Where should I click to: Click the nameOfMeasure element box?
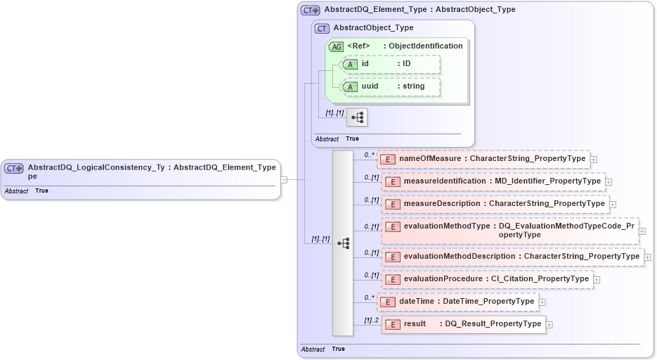click(x=483, y=159)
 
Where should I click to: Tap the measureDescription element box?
click(x=496, y=204)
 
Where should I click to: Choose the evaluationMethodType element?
click(x=510, y=231)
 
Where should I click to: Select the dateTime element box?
click(x=458, y=302)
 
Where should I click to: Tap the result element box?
click(x=464, y=324)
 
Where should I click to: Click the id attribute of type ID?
click(x=391, y=64)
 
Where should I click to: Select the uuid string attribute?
click(x=391, y=86)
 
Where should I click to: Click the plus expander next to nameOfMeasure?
click(x=594, y=160)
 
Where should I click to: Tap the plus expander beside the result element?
click(x=549, y=325)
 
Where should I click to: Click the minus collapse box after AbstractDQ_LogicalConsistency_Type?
click(x=283, y=179)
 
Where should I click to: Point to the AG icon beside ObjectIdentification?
click(x=337, y=46)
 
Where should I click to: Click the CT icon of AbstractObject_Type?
click(x=323, y=28)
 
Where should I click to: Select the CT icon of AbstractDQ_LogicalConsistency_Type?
click(x=14, y=168)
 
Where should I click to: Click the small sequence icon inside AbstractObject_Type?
click(x=357, y=117)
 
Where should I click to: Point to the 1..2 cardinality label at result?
click(x=371, y=321)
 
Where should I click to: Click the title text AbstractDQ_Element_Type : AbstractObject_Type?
click(x=419, y=10)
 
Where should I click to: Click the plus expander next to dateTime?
click(x=542, y=302)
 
